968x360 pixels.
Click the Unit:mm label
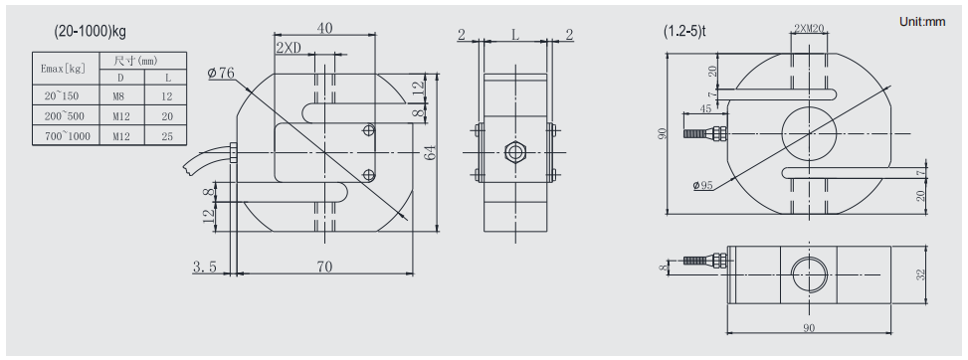coord(921,22)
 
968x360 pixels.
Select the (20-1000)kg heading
coord(91,31)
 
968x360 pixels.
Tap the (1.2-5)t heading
coord(684,31)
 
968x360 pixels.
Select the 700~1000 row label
coord(67,136)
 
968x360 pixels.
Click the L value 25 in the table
coord(167,136)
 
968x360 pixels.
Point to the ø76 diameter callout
coord(221,73)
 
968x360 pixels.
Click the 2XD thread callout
coord(289,49)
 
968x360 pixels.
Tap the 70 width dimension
coord(324,267)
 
